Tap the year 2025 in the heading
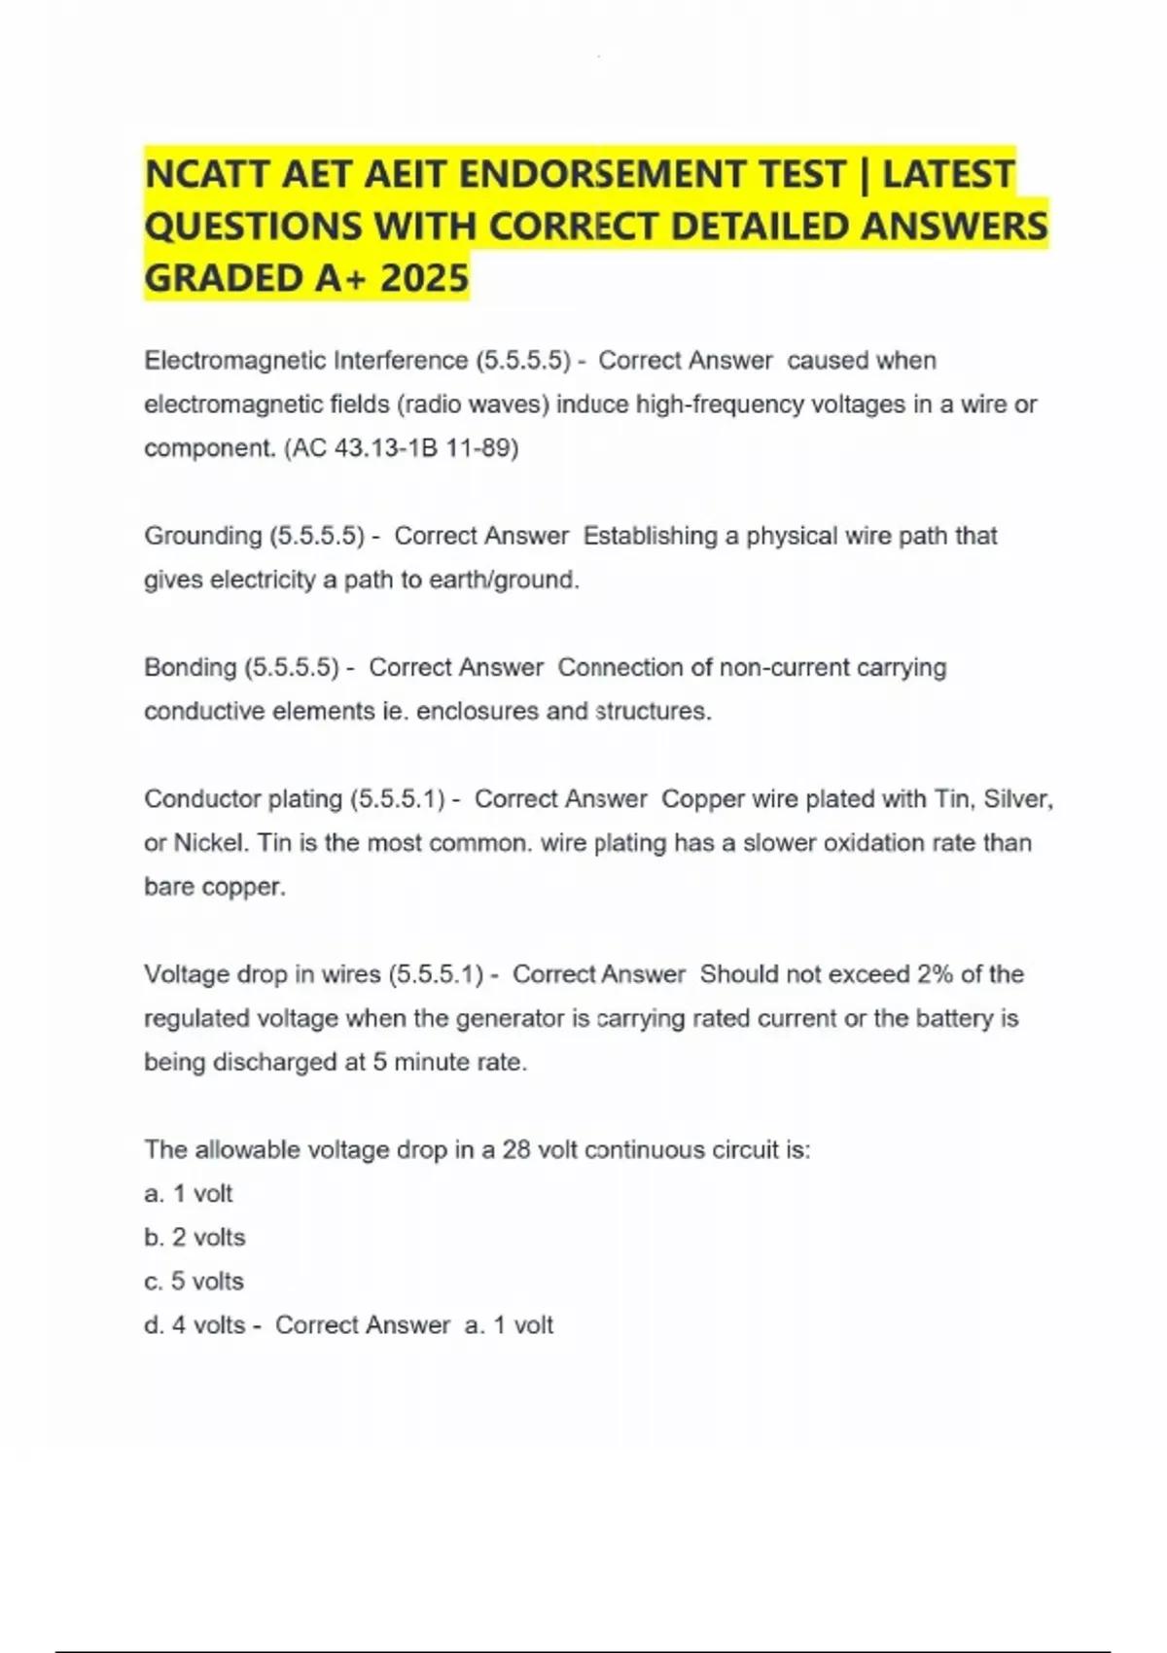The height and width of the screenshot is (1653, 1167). coord(425,278)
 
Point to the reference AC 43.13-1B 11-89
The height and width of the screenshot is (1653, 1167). coord(402,448)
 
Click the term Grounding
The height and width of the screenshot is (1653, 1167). coord(202,536)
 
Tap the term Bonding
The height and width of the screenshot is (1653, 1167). coord(191,668)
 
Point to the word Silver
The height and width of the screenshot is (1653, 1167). coord(1017,799)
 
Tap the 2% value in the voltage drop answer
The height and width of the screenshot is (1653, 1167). coord(935,974)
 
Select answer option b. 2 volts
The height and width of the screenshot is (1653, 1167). coord(194,1238)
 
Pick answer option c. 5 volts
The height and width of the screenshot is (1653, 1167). coord(194,1282)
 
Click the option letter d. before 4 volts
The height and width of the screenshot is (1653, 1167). coord(154,1325)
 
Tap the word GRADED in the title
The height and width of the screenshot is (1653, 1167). coord(223,278)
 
